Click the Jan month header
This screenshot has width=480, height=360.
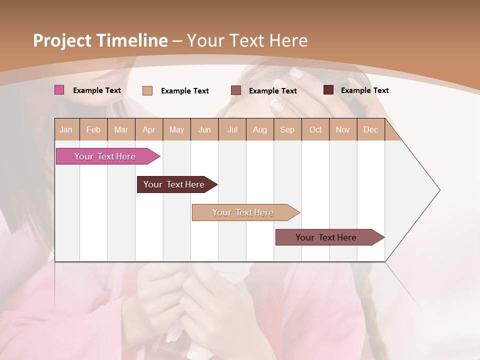[66, 129]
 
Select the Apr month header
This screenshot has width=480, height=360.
[148, 129]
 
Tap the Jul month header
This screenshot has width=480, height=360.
[232, 129]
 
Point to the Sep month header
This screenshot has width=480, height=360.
[287, 129]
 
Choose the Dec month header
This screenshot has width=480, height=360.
[370, 129]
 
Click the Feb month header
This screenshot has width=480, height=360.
[93, 129]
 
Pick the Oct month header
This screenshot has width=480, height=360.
[315, 129]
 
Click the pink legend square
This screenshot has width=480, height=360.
[59, 90]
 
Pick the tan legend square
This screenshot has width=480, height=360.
[147, 90]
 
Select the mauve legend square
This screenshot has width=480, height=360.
[236, 90]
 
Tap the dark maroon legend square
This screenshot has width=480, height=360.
[328, 90]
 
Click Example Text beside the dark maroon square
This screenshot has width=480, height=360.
[364, 90]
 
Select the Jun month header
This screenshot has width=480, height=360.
[204, 129]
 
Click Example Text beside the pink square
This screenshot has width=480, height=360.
[97, 90]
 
